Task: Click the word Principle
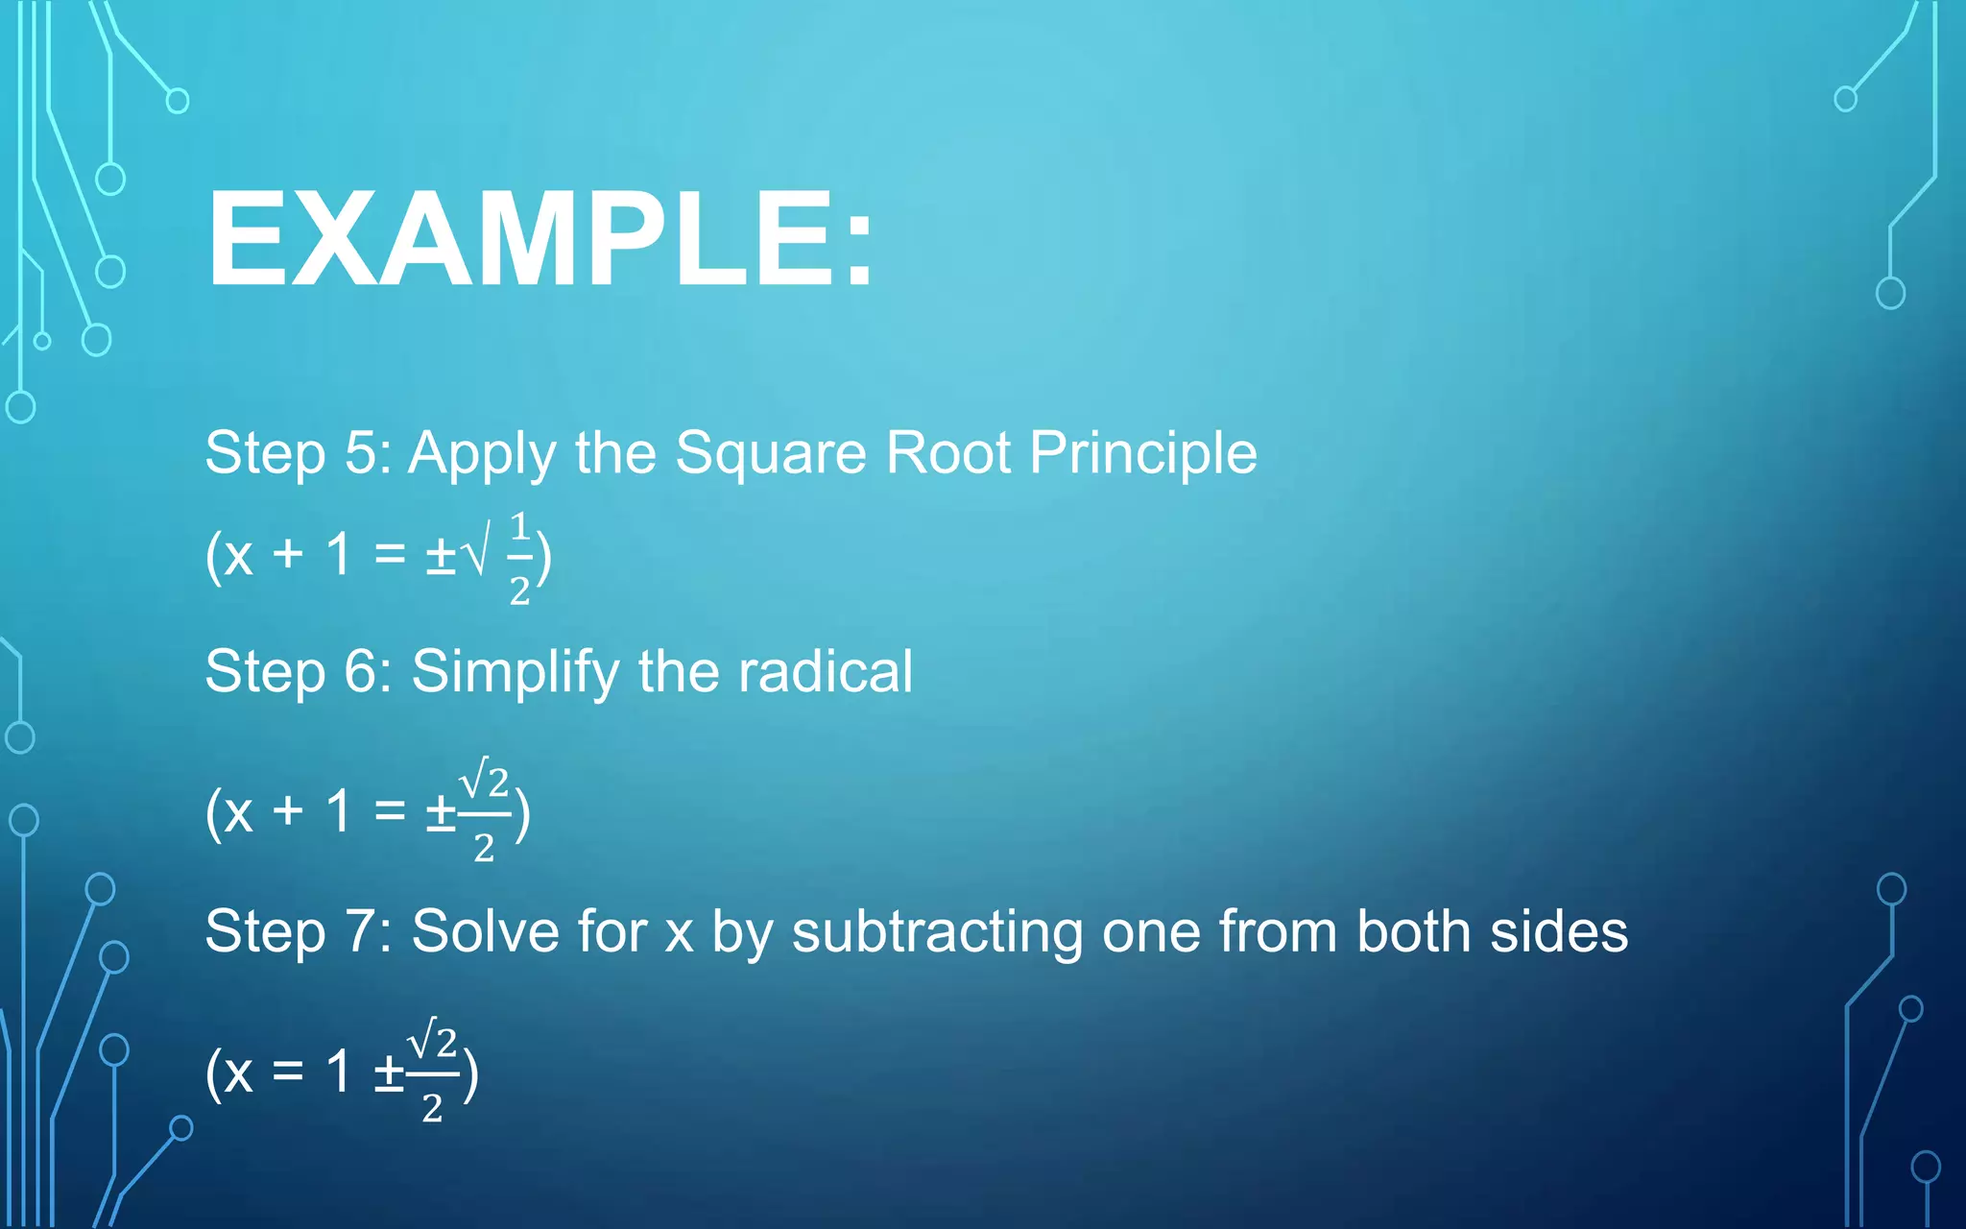click(1142, 453)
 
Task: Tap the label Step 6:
click(299, 671)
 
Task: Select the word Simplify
click(515, 671)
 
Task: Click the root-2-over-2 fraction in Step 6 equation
click(485, 812)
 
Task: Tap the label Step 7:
click(299, 931)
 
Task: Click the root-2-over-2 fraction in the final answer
click(433, 1072)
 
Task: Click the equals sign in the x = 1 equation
click(287, 1072)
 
